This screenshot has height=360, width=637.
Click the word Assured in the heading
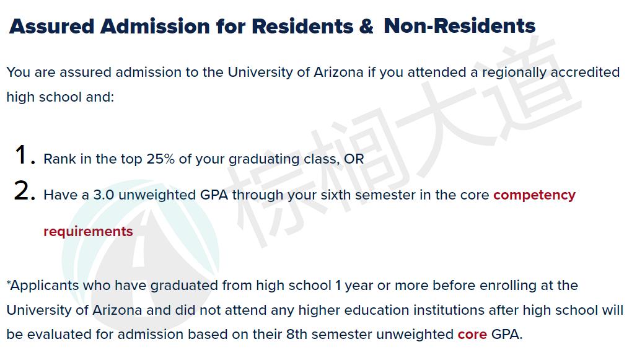click(52, 27)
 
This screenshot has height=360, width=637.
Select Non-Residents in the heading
click(459, 26)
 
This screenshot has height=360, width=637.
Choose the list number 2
click(25, 191)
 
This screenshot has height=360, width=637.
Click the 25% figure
click(160, 159)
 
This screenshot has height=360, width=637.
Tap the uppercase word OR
click(354, 159)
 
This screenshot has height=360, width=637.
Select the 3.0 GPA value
click(103, 195)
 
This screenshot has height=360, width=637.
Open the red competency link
click(534, 195)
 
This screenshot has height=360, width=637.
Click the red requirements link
click(88, 232)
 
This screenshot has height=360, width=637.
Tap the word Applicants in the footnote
click(45, 286)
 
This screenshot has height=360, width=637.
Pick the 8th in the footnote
click(297, 335)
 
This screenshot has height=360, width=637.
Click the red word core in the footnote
click(472, 335)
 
